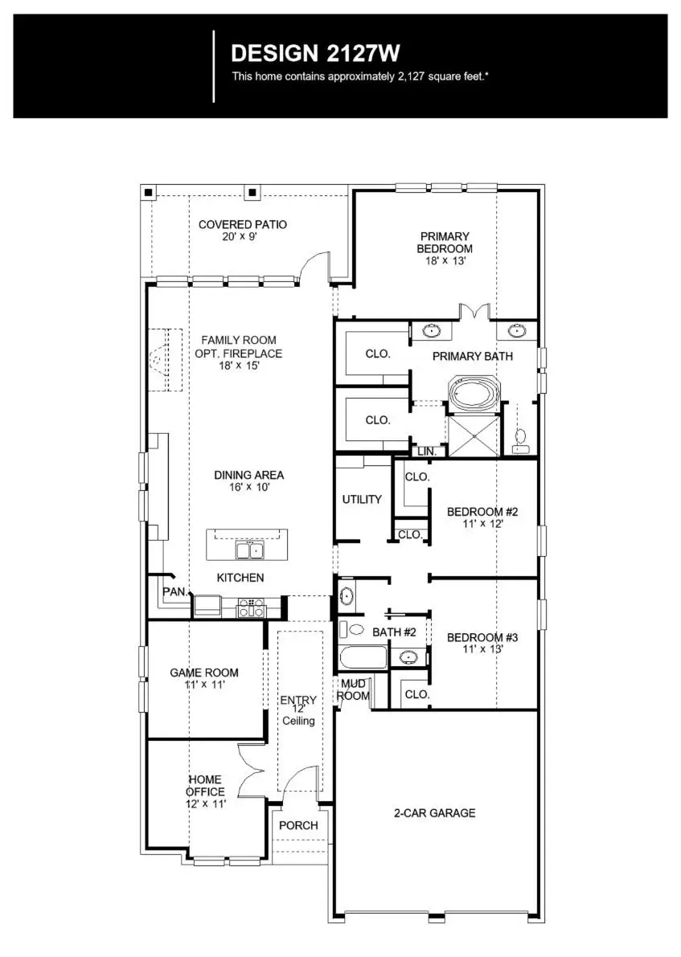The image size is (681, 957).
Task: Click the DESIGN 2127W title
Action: point(315,54)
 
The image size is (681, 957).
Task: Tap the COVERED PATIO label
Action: point(243,225)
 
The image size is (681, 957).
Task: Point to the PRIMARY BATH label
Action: point(472,356)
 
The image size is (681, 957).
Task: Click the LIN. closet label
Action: point(427,452)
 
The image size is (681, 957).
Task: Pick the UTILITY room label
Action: point(362,499)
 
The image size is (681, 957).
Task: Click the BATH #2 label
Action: point(394,632)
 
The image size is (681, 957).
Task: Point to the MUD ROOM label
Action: point(354,689)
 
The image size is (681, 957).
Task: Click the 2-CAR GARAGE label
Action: point(434,812)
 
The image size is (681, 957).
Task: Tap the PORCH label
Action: point(298,825)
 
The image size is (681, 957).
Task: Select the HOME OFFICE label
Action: point(206,785)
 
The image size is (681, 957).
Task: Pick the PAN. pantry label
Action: point(174,591)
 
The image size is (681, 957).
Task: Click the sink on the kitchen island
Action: point(248,550)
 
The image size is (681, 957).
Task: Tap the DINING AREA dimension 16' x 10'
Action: point(248,487)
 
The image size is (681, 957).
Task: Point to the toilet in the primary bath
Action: point(520,436)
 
